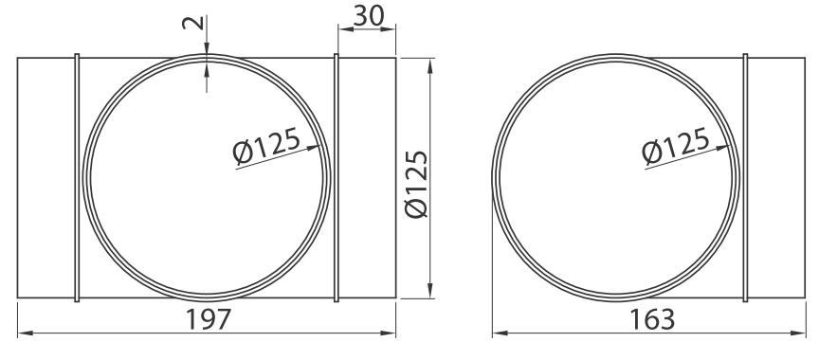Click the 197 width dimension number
[x=209, y=319]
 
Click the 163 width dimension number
[x=652, y=319]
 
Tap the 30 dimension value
[x=368, y=16]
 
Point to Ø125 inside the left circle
[x=266, y=146]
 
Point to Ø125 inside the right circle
[x=675, y=146]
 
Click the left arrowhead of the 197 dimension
[x=25, y=333]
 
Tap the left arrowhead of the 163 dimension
[x=500, y=333]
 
